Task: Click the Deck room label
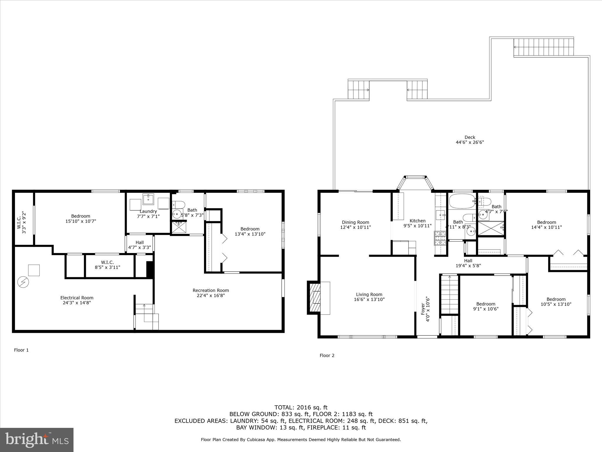[x=470, y=137]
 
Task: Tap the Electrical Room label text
[x=77, y=298]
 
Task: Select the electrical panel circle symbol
[x=23, y=282]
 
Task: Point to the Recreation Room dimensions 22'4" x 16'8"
[x=211, y=295]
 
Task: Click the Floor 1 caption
[x=21, y=350]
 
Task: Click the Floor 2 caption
[x=327, y=355]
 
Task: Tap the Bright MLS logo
[x=37, y=440]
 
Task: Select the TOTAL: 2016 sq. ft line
[x=301, y=407]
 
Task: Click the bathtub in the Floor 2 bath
[x=461, y=201]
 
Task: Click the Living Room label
[x=369, y=294]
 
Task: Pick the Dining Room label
[x=355, y=222]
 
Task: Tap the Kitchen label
[x=417, y=221]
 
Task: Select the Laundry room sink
[x=148, y=199]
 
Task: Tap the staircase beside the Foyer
[x=449, y=295]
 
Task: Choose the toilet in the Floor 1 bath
[x=178, y=204]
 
